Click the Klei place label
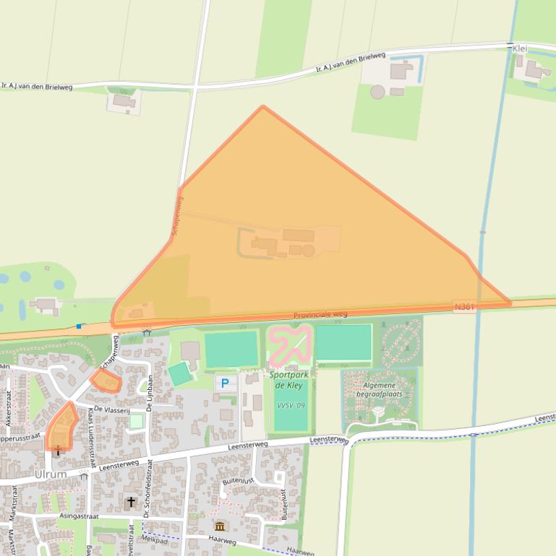pyautogui.click(x=519, y=48)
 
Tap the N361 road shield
pyautogui.click(x=464, y=307)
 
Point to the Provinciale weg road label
pyautogui.click(x=320, y=315)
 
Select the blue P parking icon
pyautogui.click(x=225, y=383)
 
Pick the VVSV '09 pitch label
pyautogui.click(x=291, y=405)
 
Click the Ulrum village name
pyautogui.click(x=51, y=474)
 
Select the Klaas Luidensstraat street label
pyautogui.click(x=91, y=440)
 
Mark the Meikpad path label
pyautogui.click(x=154, y=538)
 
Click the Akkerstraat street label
pyautogui.click(x=9, y=408)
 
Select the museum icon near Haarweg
pyautogui.click(x=220, y=526)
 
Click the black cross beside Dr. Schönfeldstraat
pyautogui.click(x=131, y=501)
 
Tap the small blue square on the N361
pyautogui.click(x=79, y=326)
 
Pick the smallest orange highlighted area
pyautogui.click(x=106, y=380)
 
